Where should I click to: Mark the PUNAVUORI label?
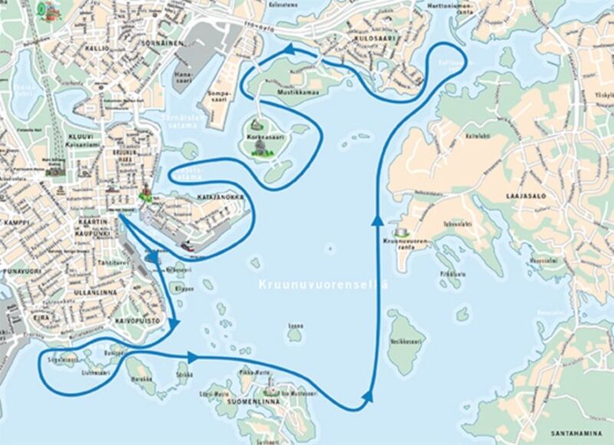16,271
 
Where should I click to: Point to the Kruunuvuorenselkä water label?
322,284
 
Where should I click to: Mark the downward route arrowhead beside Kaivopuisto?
177,323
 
